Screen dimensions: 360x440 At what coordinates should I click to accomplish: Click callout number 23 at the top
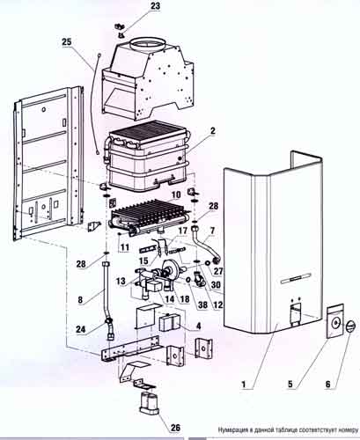(x=156, y=6)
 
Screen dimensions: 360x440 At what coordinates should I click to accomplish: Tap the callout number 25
(x=67, y=41)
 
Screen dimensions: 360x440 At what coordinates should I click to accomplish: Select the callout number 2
(x=212, y=131)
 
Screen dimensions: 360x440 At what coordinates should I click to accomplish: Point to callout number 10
(x=176, y=194)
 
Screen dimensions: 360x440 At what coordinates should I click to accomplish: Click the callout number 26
(x=175, y=428)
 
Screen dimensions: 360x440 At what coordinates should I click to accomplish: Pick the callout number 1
(x=243, y=385)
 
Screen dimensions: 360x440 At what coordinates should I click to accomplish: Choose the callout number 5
(x=290, y=384)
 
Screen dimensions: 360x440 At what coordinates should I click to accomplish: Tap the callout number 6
(x=327, y=384)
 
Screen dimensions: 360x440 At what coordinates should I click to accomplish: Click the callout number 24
(x=81, y=329)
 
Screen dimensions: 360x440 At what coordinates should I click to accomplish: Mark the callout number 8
(x=80, y=300)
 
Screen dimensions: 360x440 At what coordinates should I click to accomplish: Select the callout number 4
(x=198, y=326)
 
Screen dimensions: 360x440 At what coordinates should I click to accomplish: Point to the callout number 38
(x=202, y=305)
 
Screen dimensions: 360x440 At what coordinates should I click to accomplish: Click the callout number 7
(x=212, y=231)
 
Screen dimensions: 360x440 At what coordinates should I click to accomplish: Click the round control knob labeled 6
(x=350, y=326)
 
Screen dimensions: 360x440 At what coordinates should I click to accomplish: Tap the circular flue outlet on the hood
(x=148, y=45)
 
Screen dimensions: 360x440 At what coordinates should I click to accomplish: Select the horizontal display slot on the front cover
(x=296, y=278)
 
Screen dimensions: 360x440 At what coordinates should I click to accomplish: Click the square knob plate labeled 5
(x=335, y=321)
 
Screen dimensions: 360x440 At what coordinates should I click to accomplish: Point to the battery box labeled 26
(x=150, y=403)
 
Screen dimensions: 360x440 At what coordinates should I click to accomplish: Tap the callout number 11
(x=125, y=247)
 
